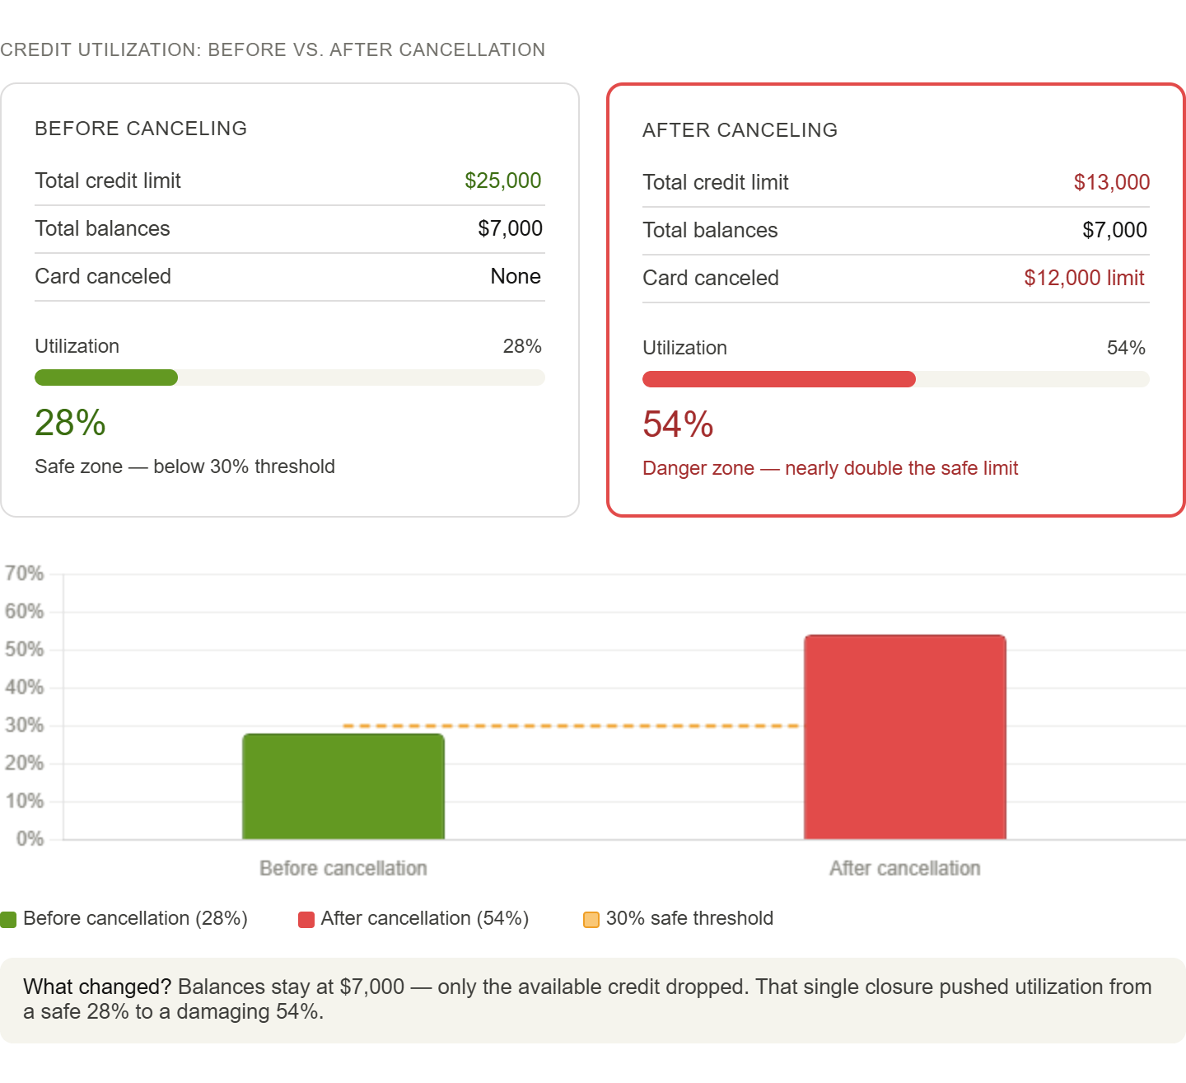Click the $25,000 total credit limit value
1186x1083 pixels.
(502, 180)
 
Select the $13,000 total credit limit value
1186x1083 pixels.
(1112, 182)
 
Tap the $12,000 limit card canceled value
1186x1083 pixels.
(1084, 278)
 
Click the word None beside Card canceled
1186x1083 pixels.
(516, 276)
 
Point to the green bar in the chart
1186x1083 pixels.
(343, 786)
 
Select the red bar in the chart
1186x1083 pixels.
(904, 738)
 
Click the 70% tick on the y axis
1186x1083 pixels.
(24, 574)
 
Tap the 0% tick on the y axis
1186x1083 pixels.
(30, 838)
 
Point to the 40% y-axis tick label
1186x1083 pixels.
(24, 687)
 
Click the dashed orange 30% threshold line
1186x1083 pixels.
(571, 725)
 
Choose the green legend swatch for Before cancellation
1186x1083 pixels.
(8, 920)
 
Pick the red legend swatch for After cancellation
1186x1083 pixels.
(306, 920)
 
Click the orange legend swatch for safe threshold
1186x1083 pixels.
(591, 920)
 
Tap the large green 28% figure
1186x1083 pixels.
(70, 423)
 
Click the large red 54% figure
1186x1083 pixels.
(678, 424)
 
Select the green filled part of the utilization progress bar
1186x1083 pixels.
(106, 377)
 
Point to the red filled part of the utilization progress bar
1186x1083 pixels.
(779, 379)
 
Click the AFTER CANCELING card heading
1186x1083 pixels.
(740, 130)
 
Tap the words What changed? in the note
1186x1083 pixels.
(97, 987)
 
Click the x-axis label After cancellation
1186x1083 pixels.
(904, 868)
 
